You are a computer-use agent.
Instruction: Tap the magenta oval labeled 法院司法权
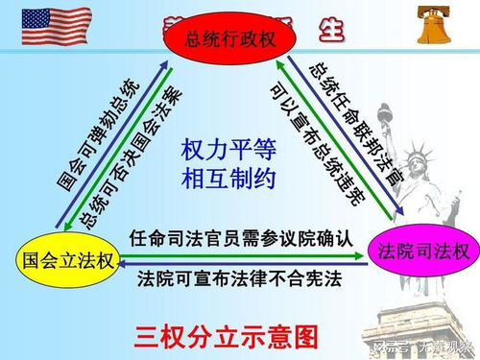point(422,252)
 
